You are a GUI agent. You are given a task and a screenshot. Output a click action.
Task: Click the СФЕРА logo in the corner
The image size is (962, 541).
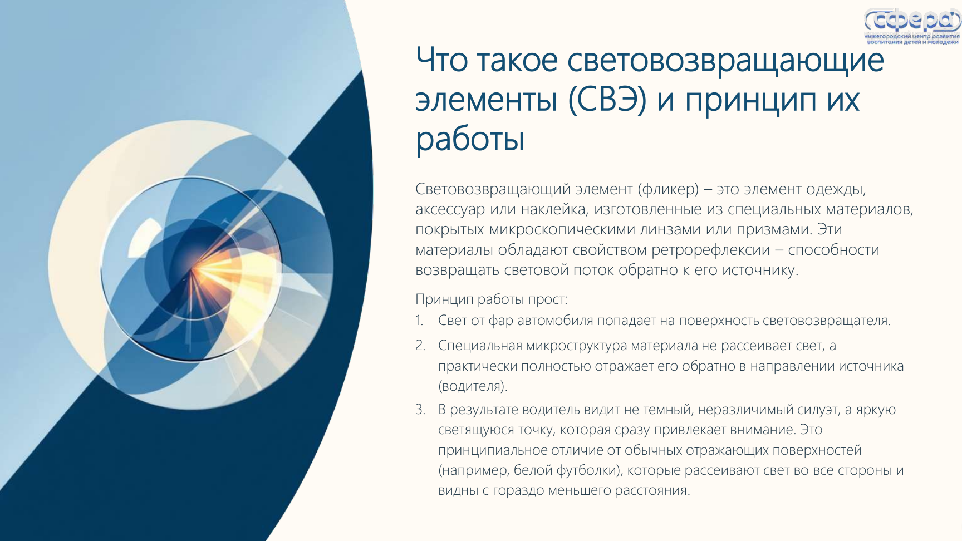(912, 26)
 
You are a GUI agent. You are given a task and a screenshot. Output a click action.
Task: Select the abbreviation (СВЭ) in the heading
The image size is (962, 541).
(607, 100)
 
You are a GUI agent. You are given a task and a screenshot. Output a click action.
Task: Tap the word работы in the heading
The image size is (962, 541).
(470, 139)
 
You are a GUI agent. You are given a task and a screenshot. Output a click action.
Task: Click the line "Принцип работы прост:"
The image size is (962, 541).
(492, 299)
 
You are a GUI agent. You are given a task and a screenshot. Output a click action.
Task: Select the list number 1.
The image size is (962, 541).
(419, 321)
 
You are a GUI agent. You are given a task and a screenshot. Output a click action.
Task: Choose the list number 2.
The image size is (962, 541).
(420, 346)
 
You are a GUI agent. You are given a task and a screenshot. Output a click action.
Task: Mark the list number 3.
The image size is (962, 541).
(420, 410)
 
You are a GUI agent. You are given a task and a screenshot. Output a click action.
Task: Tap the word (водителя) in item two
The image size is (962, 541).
(473, 386)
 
